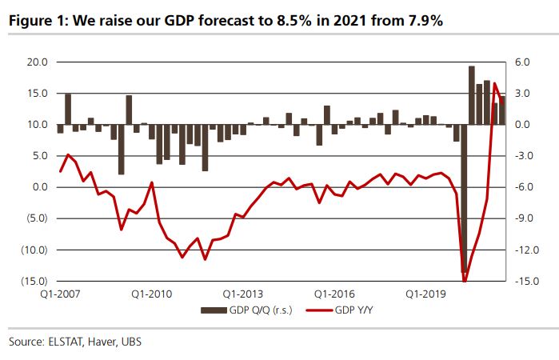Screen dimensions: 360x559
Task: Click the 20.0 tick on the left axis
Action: tap(38, 62)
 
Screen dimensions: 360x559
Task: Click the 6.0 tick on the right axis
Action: tap(521, 62)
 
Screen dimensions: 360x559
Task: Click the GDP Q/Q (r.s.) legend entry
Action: tap(243, 309)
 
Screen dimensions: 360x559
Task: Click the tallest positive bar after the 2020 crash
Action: tap(472, 95)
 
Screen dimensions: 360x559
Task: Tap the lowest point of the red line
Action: tap(465, 280)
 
